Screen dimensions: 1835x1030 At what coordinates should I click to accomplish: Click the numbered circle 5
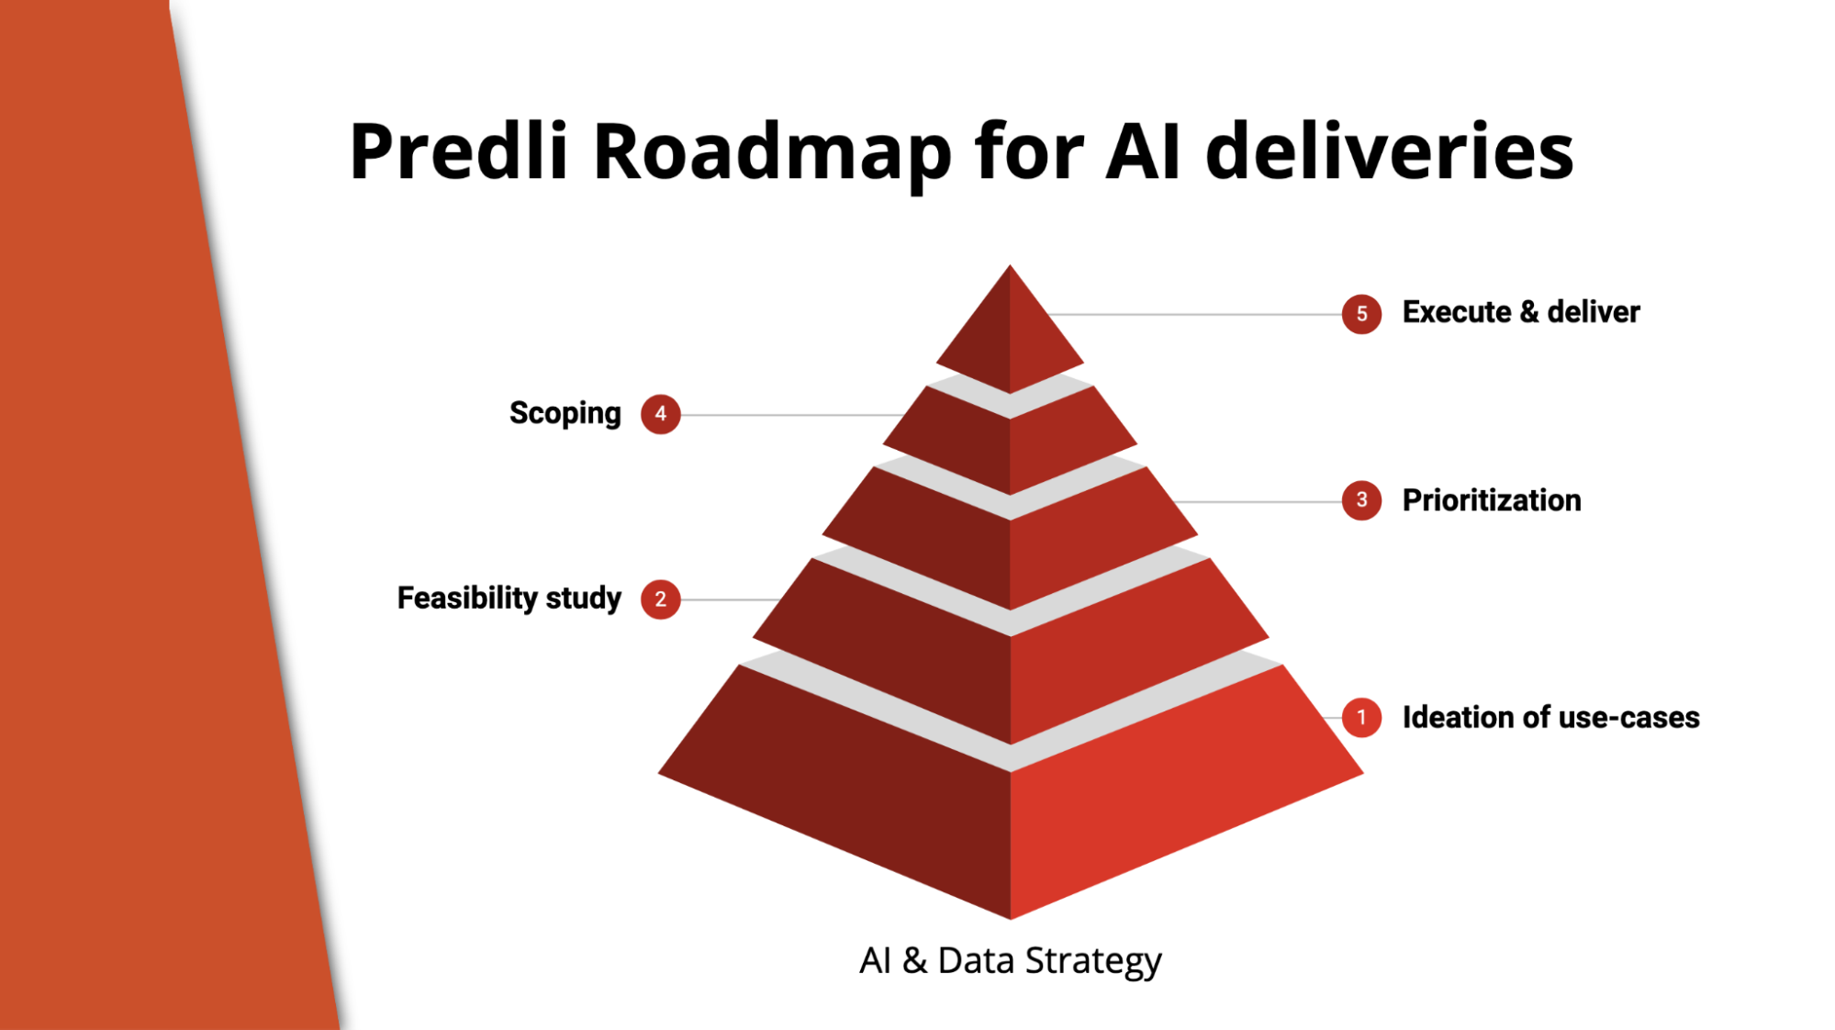1361,314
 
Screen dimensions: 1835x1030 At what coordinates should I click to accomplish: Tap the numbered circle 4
660,414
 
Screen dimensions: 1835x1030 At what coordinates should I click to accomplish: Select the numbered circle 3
1361,500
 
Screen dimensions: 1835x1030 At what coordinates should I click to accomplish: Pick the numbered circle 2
660,599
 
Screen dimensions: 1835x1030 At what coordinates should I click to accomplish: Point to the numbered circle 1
1361,717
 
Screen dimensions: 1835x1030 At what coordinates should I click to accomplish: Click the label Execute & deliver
1520,312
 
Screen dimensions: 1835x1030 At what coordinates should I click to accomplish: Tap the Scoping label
565,414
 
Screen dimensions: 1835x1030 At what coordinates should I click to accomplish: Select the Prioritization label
1492,500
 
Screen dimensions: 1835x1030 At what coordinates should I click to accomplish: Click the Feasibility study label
509,599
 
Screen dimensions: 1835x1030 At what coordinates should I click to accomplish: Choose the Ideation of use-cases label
1550,717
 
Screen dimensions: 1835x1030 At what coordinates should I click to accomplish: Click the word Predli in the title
459,151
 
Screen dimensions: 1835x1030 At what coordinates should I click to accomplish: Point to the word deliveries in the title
1390,151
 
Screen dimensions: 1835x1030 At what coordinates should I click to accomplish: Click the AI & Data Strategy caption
1010,961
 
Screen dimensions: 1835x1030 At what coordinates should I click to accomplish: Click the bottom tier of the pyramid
1010,799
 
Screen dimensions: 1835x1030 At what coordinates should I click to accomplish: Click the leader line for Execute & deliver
1194,314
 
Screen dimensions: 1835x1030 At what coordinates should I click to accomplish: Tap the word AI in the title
1143,151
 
